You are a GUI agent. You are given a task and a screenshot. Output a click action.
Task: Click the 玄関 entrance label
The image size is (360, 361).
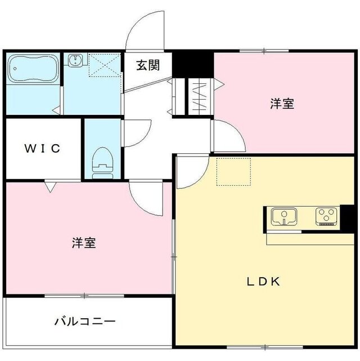[x=147, y=65]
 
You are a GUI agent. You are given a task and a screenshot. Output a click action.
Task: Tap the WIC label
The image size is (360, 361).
[x=42, y=149]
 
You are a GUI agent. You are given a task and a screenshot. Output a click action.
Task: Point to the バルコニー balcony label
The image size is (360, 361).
[x=85, y=322]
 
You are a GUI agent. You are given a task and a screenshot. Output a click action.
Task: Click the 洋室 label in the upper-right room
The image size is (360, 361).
[x=282, y=104]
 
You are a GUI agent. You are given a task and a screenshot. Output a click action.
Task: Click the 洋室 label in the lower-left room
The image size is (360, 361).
[x=84, y=243]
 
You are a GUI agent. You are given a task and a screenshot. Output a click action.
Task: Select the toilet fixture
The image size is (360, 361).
[x=102, y=162]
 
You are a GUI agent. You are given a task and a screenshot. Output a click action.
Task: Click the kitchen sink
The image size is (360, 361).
[x=285, y=216]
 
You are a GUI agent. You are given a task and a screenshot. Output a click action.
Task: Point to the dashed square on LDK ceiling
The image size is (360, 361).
[x=233, y=171]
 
